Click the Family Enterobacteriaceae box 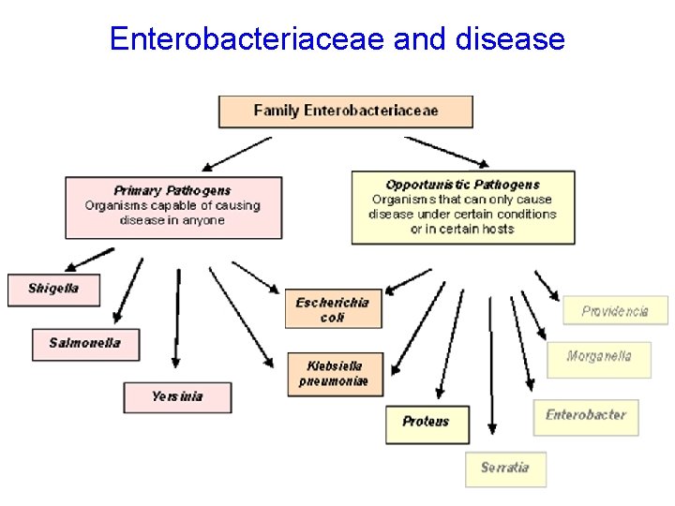pyautogui.click(x=345, y=112)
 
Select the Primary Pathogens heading pyautogui.click(x=172, y=190)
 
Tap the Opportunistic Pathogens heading pyautogui.click(x=462, y=185)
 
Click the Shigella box pyautogui.click(x=53, y=289)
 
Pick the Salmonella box pyautogui.click(x=85, y=343)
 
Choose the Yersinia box pyautogui.click(x=177, y=397)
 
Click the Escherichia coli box pyautogui.click(x=333, y=309)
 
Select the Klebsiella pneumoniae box pyautogui.click(x=334, y=373)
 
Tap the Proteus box pyautogui.click(x=427, y=423)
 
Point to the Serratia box pyautogui.click(x=505, y=468)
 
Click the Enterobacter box pyautogui.click(x=585, y=415)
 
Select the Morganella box pyautogui.click(x=598, y=357)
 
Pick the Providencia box pyautogui.click(x=615, y=310)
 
